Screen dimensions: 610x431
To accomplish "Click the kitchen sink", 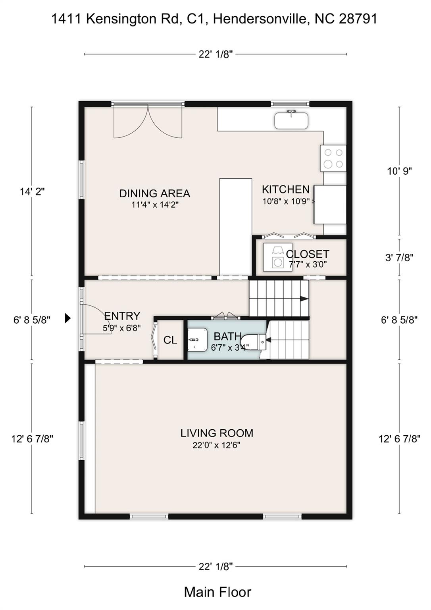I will point(291,120).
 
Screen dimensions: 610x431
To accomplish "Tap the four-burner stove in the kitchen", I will point(333,158).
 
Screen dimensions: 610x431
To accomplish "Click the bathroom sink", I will point(197,340).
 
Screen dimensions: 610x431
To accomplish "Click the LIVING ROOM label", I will point(217,433).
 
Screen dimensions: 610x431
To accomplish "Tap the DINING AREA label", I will point(155,193).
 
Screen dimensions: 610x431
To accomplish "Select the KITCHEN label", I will point(285,189).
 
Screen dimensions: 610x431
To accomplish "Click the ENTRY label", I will point(122,316).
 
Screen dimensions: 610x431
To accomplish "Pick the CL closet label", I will point(170,340).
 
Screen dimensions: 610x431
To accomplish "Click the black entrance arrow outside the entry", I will point(68,318).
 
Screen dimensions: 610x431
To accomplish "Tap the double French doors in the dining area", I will point(148,121).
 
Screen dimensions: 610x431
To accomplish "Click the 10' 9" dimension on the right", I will point(399,171).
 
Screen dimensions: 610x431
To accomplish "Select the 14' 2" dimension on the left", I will point(32,191).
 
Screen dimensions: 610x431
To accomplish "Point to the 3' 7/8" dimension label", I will point(399,258).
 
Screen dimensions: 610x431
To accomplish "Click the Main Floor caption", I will point(217,592).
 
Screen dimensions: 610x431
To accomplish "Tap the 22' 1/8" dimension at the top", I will point(215,54).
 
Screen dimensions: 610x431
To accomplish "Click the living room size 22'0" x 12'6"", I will point(216,445).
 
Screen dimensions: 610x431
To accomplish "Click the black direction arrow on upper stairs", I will point(304,299).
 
